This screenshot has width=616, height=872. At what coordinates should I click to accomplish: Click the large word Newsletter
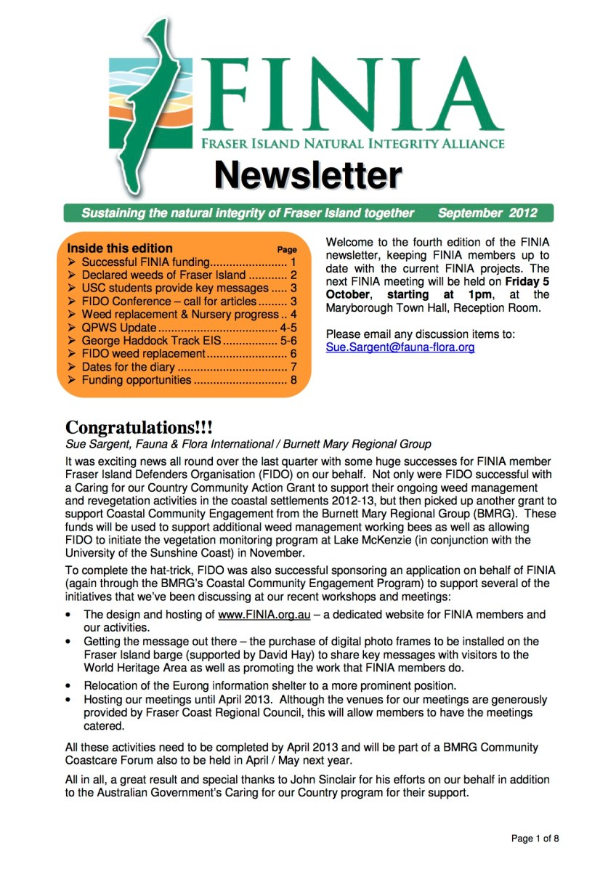(307, 176)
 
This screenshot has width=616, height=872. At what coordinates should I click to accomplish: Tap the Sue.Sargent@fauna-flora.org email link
(400, 347)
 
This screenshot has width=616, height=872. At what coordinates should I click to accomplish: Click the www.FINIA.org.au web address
(264, 615)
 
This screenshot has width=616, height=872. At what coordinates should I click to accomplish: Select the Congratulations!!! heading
(139, 427)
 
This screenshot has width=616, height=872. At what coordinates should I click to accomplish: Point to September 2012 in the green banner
(487, 213)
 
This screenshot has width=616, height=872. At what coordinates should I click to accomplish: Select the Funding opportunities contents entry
(136, 380)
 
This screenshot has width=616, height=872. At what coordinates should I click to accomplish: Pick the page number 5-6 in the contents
(288, 341)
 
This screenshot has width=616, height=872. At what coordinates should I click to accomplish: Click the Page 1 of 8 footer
(535, 839)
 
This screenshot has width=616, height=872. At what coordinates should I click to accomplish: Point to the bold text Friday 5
(527, 282)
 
